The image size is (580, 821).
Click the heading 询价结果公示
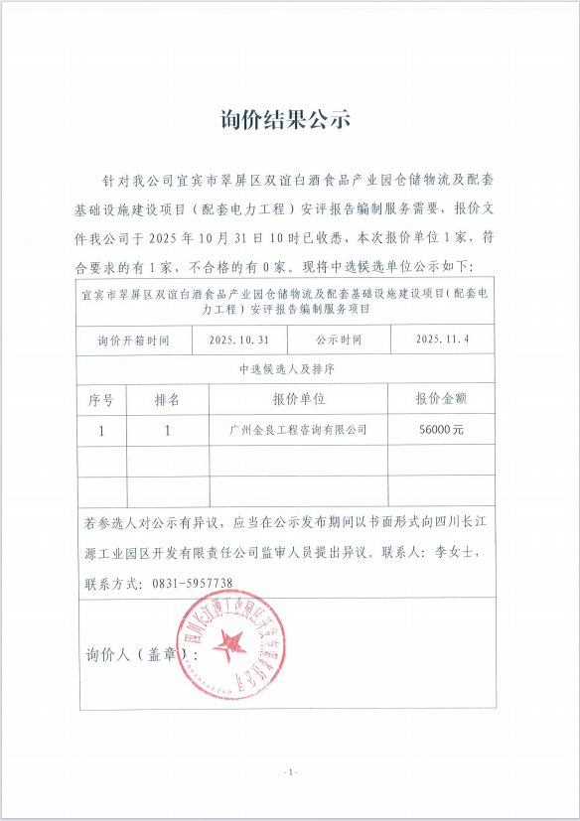[x=285, y=121]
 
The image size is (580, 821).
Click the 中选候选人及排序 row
[x=285, y=368]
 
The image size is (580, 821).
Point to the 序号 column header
[x=101, y=399]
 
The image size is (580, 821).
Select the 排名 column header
[x=167, y=399]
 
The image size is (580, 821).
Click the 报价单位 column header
[x=298, y=399]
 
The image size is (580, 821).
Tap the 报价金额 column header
[x=442, y=399]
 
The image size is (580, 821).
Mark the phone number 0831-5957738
[x=193, y=583]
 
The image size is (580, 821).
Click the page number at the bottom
[x=290, y=771]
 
